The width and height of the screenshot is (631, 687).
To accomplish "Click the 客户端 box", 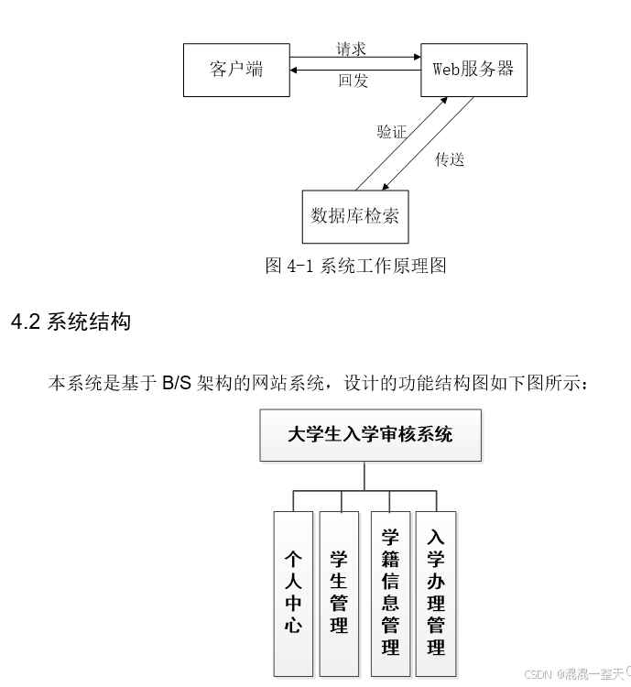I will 236,69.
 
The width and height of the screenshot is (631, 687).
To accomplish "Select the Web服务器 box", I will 473,69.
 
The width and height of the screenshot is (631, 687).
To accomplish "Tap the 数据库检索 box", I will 355,216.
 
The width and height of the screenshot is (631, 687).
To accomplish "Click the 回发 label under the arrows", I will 353,81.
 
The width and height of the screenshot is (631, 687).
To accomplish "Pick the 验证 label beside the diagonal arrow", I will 391,132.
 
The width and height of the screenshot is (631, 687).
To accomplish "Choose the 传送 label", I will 450,159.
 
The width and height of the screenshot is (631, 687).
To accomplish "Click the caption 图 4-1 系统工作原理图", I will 355,266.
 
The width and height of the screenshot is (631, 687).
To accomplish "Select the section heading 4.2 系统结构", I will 71,322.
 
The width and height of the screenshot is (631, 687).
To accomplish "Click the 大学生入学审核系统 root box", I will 370,434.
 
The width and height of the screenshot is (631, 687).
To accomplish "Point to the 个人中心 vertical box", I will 293,592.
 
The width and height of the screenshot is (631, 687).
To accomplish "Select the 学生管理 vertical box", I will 339,592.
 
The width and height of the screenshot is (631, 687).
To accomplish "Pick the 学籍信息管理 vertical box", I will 390,592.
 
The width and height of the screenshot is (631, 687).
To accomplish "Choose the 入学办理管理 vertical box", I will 436,592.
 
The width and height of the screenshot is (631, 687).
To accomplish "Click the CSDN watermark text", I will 538,673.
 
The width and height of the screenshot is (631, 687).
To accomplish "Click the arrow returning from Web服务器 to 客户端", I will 354,71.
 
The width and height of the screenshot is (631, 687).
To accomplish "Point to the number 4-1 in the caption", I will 301,266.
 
